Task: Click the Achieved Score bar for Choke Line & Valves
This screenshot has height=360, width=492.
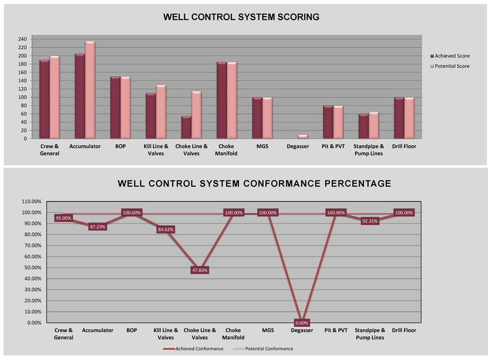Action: coord(186,128)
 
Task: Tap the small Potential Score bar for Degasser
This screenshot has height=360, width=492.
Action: coord(303,136)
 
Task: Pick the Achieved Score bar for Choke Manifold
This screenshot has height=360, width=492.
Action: coord(221,100)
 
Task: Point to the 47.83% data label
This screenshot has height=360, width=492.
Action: coord(200,270)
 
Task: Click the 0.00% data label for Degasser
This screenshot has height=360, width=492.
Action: coord(302,323)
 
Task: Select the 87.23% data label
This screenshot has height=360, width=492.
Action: coord(98,227)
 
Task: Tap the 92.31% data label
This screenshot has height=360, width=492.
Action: coord(369,221)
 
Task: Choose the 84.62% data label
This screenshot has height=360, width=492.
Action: coord(166,229)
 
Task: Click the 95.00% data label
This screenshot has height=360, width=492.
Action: coord(64,218)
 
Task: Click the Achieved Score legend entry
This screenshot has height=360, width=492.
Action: coord(449,56)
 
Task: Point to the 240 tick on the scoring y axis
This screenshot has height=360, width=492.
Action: coord(22,39)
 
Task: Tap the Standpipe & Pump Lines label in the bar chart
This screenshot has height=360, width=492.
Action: coord(369,150)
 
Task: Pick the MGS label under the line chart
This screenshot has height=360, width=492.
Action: coord(268,330)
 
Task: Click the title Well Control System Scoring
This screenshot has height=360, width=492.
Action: coord(241,17)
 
